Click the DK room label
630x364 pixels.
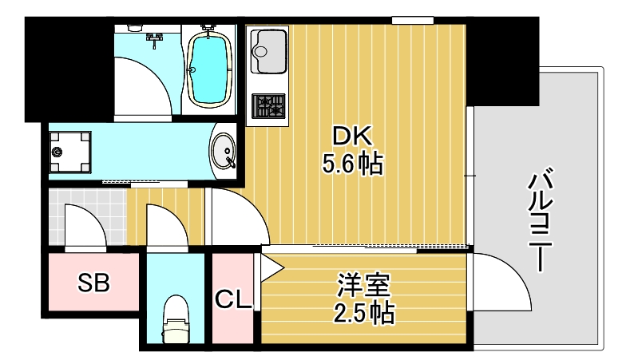click(x=353, y=136)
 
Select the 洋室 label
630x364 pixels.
click(x=363, y=284)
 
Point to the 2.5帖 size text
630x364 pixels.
click(x=363, y=312)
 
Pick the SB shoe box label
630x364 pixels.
click(x=94, y=282)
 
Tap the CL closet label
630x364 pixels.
click(x=233, y=299)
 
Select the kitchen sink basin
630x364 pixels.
click(x=269, y=49)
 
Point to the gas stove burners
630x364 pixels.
click(x=269, y=105)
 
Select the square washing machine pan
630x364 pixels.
click(x=69, y=150)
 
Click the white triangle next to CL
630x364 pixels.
click(x=268, y=267)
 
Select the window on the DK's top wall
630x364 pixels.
click(x=413, y=20)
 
